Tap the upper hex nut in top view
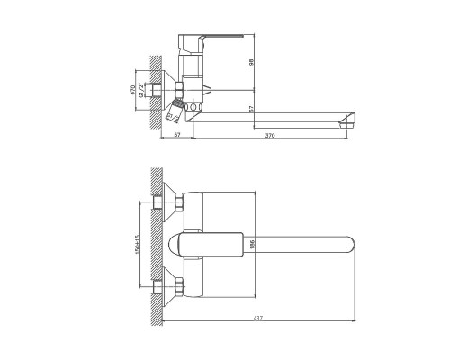179,203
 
